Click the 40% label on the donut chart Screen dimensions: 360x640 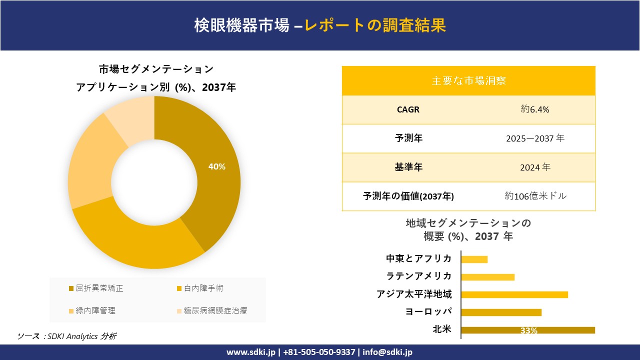(x=217, y=167)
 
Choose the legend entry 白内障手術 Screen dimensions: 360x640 (x=203, y=288)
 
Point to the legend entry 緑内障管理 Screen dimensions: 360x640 (x=95, y=310)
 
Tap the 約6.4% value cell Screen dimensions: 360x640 (x=534, y=109)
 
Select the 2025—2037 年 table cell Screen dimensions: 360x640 (x=534, y=138)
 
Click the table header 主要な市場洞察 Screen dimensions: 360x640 (x=468, y=80)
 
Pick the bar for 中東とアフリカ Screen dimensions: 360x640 (x=474, y=259)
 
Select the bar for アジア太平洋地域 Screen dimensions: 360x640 (x=514, y=294)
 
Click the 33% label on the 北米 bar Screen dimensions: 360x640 (x=528, y=330)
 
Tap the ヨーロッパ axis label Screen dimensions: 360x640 (x=428, y=311)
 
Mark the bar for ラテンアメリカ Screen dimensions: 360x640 (x=487, y=277)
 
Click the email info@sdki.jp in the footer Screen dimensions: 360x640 (x=387, y=352)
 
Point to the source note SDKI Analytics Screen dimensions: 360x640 (x=72, y=336)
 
